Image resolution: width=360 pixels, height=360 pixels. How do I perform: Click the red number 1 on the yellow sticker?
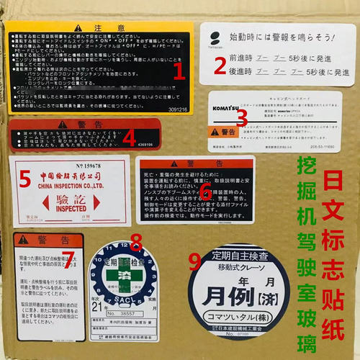point(179,70)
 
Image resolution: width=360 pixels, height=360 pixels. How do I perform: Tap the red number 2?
point(219,67)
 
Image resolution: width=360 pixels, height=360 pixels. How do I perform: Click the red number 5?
point(24,176)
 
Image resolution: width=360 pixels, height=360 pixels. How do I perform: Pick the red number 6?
point(204,190)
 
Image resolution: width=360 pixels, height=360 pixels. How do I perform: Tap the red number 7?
point(71,260)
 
